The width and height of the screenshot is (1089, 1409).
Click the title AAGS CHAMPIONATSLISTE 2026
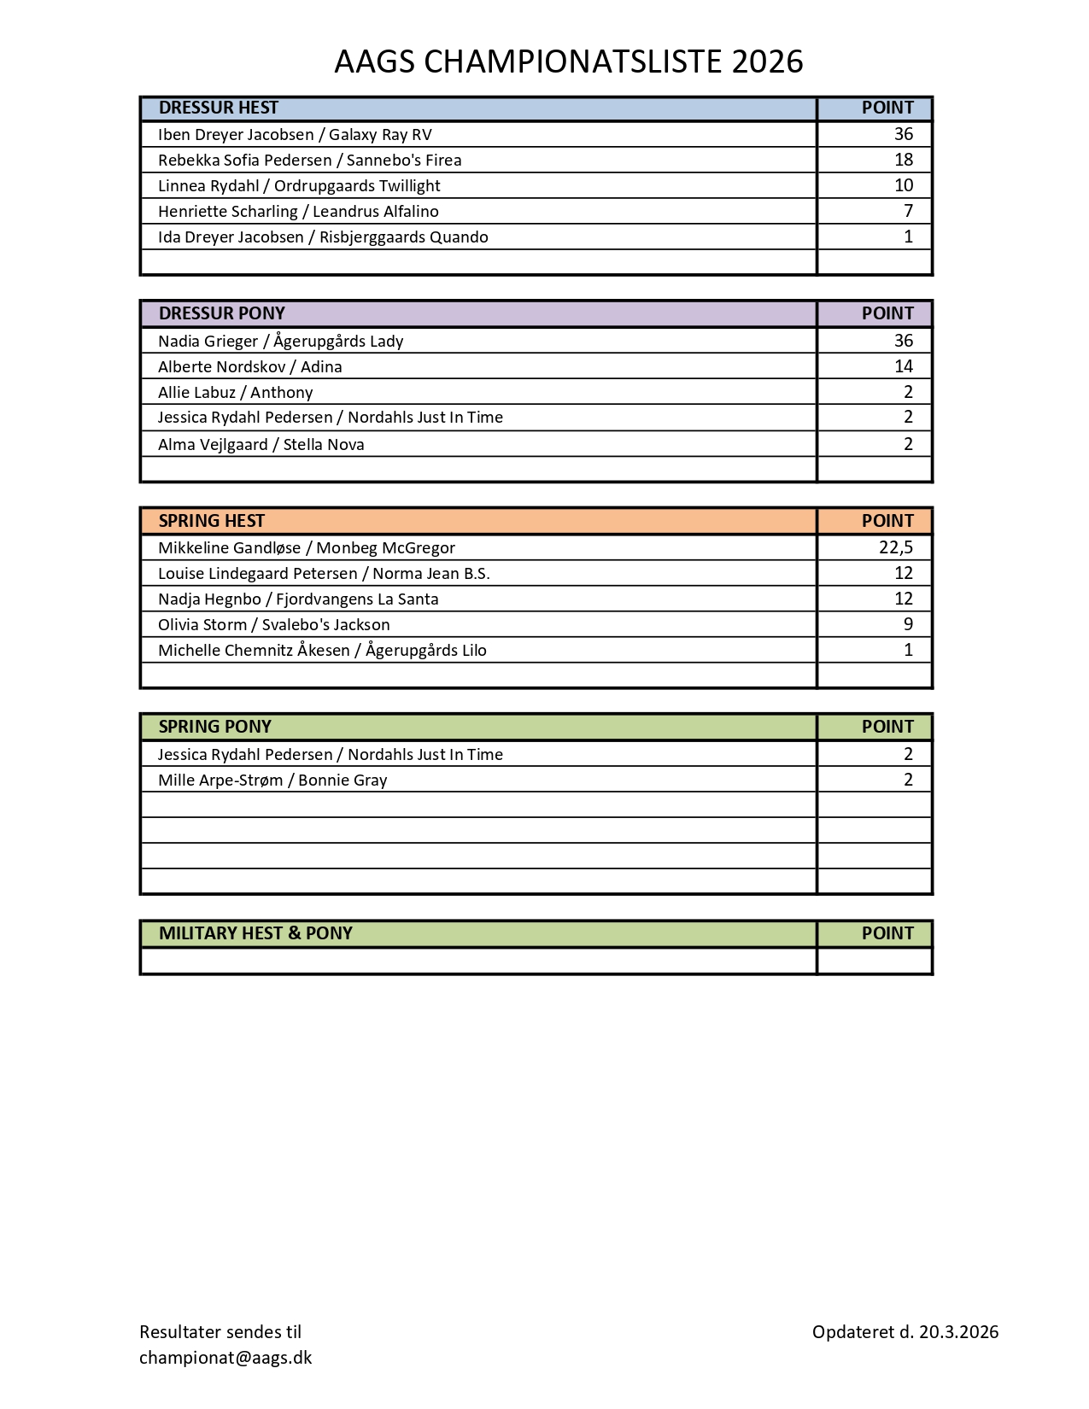click(568, 61)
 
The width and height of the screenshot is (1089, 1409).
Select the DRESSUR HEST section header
click(219, 108)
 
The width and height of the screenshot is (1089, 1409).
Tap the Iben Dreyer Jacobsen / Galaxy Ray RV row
click(295, 135)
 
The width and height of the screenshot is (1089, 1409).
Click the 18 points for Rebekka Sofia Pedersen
click(903, 160)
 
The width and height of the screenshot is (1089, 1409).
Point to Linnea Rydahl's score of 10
click(903, 185)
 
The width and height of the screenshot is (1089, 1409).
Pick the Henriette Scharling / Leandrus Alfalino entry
click(298, 212)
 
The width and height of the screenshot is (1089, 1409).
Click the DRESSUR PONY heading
click(222, 313)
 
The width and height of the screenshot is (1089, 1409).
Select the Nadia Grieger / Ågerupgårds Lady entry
click(280, 342)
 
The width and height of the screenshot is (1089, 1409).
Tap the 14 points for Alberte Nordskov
click(903, 366)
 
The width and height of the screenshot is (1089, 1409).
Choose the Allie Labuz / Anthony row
click(235, 393)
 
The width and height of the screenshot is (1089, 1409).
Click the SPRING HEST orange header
click(212, 521)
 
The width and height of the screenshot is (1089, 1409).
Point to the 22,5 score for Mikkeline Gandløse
click(895, 547)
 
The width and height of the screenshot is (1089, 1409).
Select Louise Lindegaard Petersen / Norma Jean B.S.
click(324, 574)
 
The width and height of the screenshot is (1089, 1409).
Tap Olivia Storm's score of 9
click(908, 624)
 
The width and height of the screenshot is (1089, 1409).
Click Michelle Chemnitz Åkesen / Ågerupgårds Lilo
click(322, 651)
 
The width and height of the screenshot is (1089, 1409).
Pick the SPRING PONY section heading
click(214, 727)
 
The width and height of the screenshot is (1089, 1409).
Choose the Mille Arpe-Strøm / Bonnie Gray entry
click(272, 781)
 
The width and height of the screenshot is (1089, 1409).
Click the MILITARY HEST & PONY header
click(255, 933)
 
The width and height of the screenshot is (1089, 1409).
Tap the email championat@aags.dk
click(225, 1358)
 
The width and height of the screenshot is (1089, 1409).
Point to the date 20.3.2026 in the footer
click(958, 1332)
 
